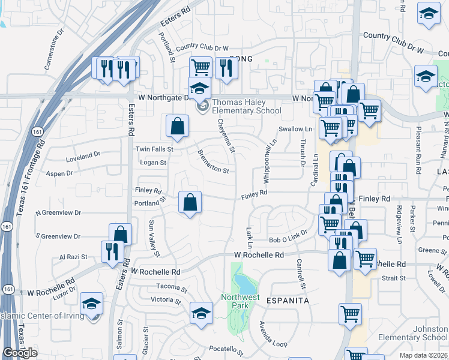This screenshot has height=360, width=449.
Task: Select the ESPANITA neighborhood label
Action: click(283, 300)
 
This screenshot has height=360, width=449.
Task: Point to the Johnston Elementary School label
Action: click(414, 333)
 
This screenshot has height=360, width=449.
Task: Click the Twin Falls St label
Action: click(154, 149)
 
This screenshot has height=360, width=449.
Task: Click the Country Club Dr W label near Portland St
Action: click(202, 47)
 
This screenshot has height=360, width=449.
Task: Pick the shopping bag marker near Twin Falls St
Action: click(178, 126)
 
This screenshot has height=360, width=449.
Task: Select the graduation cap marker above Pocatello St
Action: click(201, 312)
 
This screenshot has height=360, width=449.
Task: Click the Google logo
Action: click(20, 353)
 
